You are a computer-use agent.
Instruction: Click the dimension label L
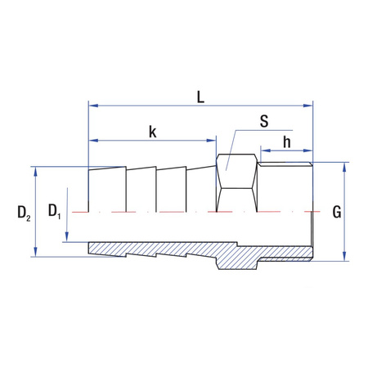200,96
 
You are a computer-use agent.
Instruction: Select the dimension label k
152,131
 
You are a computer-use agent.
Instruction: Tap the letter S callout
264,122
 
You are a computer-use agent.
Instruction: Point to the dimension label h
287,141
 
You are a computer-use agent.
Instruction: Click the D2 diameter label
24,213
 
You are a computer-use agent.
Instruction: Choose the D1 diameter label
54,212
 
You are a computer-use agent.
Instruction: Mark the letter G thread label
336,213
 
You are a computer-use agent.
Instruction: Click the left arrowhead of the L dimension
92,105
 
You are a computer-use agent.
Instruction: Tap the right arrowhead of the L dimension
309,105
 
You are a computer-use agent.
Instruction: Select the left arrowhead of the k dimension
92,140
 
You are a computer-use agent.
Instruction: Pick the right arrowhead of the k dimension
212,140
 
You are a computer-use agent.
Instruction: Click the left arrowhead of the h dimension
263,151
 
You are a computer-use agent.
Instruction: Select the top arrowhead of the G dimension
344,166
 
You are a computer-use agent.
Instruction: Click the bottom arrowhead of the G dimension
344,257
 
